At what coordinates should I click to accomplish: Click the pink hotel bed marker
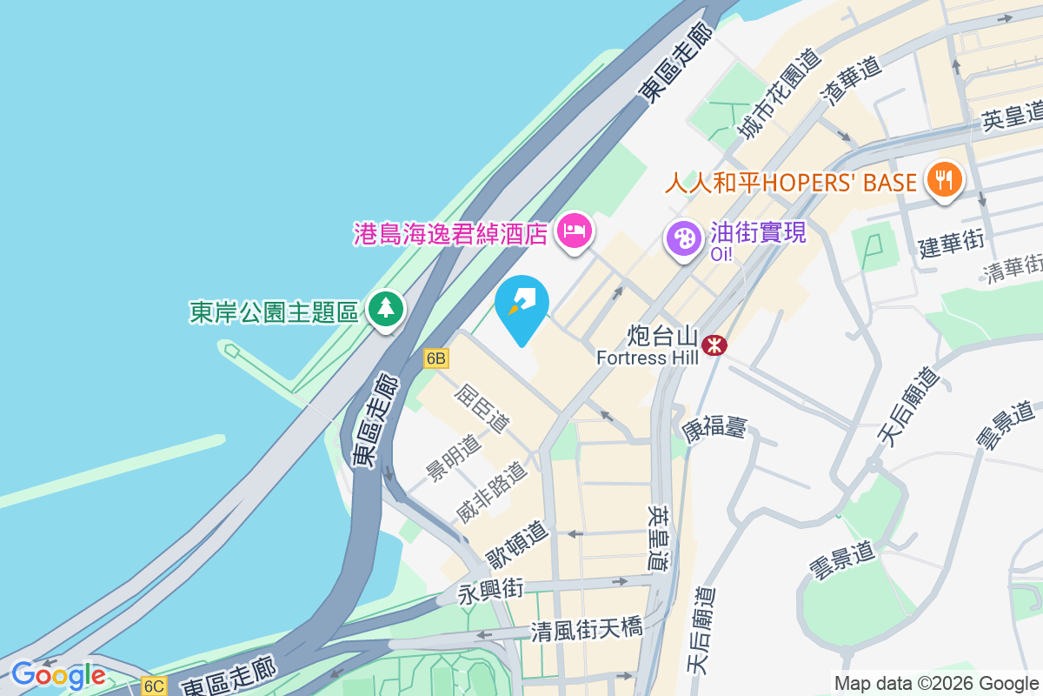tap(574, 231)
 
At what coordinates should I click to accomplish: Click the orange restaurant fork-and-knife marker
tap(943, 180)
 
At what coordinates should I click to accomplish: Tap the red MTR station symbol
tap(715, 345)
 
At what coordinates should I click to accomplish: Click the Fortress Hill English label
tap(648, 358)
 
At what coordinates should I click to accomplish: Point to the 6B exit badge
tap(436, 358)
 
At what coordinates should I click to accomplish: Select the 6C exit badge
tap(153, 686)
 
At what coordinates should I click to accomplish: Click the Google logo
tap(57, 675)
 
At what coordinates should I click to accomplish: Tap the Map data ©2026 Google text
tap(936, 683)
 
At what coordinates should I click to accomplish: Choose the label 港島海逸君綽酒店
tap(450, 233)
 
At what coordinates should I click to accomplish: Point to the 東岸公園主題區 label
tap(274, 311)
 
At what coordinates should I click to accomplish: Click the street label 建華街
tap(951, 242)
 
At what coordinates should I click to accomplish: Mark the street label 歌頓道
tap(517, 542)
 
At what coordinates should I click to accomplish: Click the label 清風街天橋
tap(587, 628)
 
